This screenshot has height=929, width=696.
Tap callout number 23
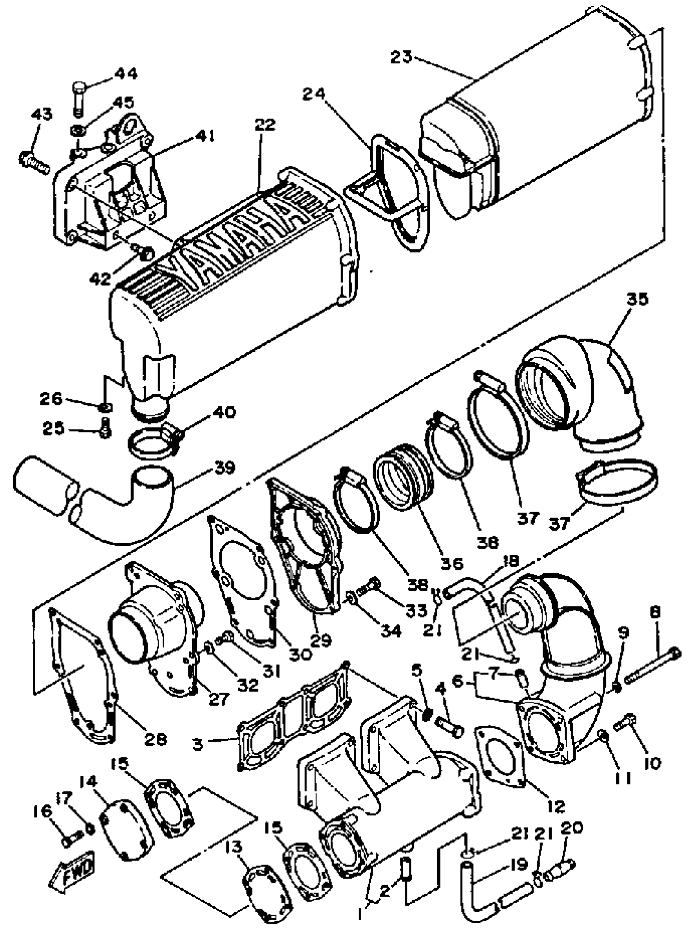click(x=402, y=57)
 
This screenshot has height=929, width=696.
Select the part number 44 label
click(x=127, y=75)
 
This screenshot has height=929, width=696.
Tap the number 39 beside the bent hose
click(x=224, y=468)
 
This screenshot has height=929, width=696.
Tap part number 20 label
click(x=571, y=829)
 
